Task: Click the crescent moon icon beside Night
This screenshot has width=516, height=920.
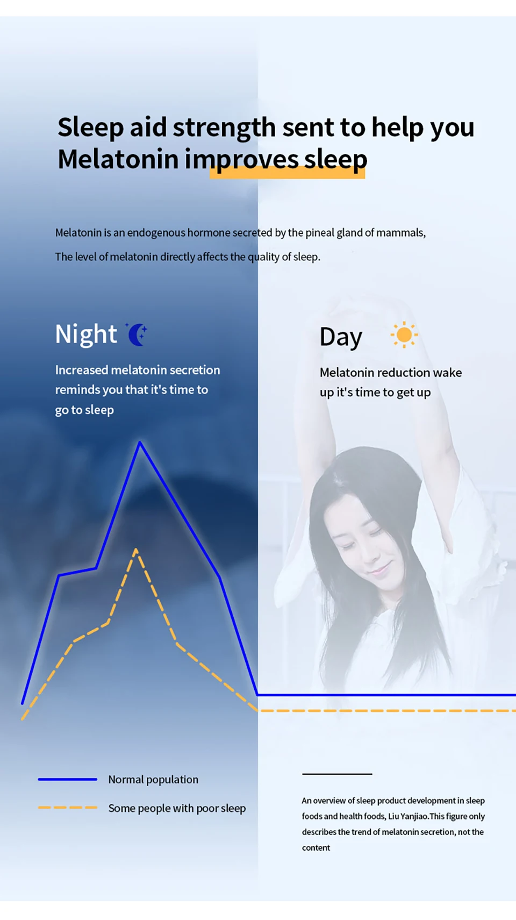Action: pos(137,334)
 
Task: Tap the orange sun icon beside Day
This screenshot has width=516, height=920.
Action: pos(404,335)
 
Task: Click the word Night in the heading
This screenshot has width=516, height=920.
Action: pos(86,334)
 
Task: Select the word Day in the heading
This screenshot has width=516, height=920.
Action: pos(341,337)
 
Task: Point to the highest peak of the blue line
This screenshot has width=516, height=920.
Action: pos(140,443)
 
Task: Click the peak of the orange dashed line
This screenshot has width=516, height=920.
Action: pos(136,550)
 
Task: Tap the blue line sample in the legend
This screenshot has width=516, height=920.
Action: pos(67,779)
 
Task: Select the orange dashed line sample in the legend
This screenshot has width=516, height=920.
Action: pos(67,808)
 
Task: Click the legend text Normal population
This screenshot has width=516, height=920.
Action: pos(153,780)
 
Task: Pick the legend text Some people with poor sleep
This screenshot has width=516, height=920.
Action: pos(177,808)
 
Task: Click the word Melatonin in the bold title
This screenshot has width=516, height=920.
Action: pos(118,159)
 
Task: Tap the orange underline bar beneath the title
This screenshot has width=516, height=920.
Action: pos(288,173)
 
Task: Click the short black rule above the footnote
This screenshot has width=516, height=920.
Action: pos(337,774)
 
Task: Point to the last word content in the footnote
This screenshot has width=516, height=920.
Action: pos(316,848)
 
